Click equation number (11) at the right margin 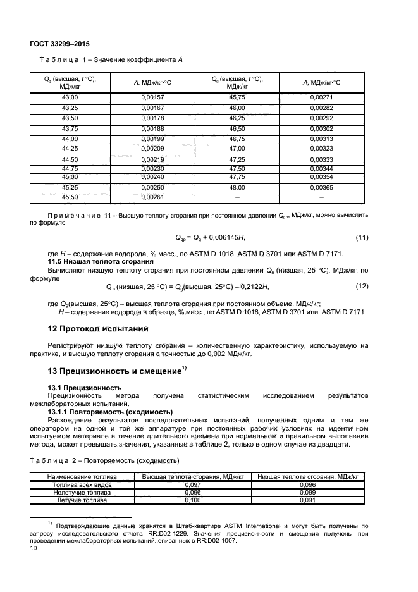tap(361, 237)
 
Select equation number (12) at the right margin tap(361, 286)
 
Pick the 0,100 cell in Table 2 tap(194, 500)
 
